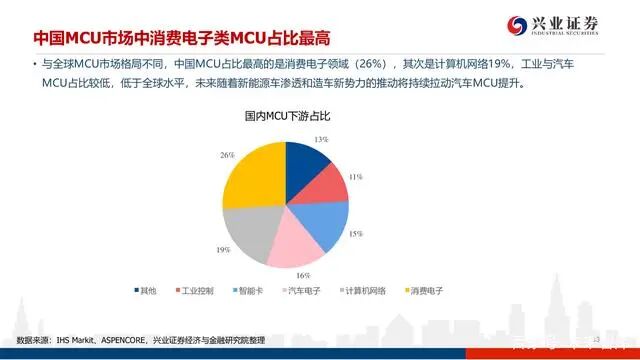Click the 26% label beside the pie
click(227, 155)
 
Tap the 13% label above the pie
click(322, 139)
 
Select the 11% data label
click(355, 177)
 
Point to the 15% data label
click(357, 233)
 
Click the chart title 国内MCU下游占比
click(287, 116)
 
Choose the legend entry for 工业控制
click(196, 291)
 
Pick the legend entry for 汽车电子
click(304, 291)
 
